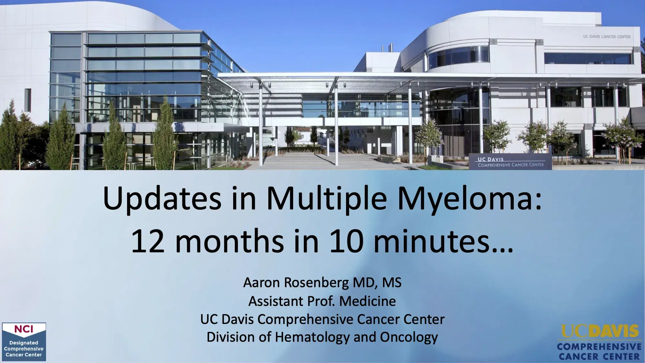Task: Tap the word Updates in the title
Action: [x=162, y=198]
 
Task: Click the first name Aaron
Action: [x=262, y=283]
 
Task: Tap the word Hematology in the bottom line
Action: [x=312, y=337]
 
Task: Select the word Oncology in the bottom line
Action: [x=409, y=337]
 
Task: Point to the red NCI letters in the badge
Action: [x=24, y=329]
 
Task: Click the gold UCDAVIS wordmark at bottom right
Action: [x=600, y=331]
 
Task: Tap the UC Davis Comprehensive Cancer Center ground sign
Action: [x=511, y=162]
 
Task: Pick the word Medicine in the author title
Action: [x=367, y=301]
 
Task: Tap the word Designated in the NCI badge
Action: [x=24, y=343]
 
